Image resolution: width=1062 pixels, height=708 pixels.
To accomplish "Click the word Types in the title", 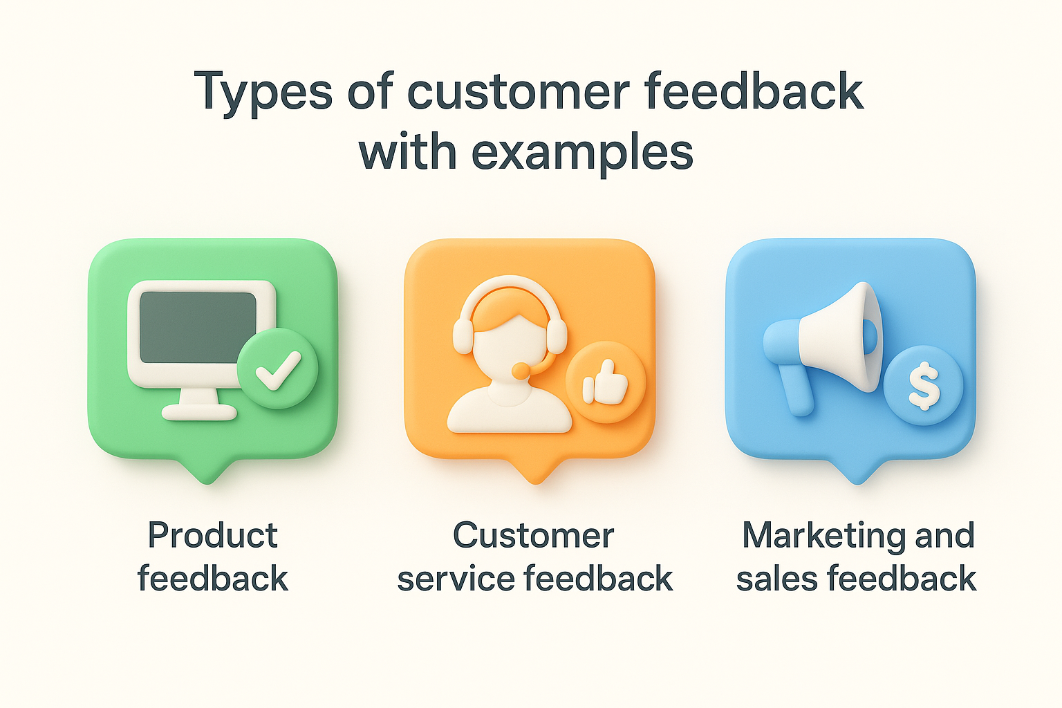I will tap(263, 92).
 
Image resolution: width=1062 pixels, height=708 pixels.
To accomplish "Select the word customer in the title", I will tap(519, 92).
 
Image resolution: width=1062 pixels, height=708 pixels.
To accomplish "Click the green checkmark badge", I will tap(277, 369).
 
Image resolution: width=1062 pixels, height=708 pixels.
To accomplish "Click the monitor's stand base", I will tap(199, 413).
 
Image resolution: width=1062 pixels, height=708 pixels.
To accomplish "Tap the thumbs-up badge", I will tap(605, 382).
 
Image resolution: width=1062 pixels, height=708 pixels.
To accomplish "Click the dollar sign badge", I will tap(923, 384).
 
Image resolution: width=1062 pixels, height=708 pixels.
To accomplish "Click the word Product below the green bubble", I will tap(213, 536).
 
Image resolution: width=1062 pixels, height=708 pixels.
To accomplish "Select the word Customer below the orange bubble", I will tap(533, 536).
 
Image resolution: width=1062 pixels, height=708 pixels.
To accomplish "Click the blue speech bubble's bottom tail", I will tap(857, 472).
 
